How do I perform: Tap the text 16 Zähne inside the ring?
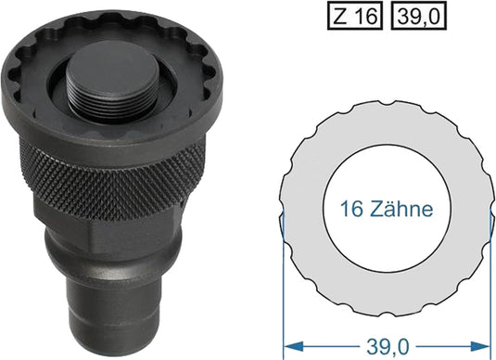tap(386, 210)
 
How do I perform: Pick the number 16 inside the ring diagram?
tap(350, 210)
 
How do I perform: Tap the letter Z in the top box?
tap(343, 16)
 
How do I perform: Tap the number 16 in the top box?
tap(365, 16)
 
